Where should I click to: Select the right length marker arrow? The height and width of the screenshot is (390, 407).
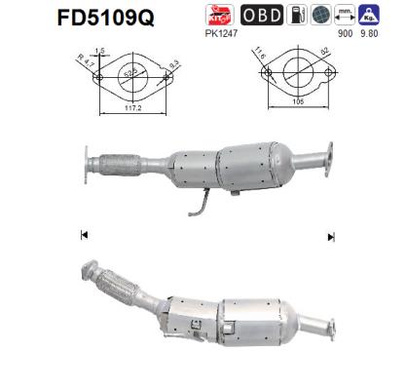tap(331, 236)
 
